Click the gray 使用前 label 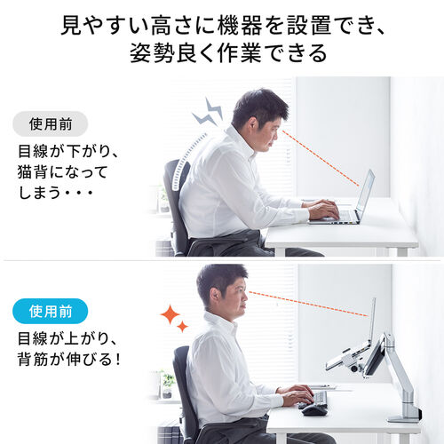coord(51,123)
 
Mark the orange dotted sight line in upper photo coord(321,160)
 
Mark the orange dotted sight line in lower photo coord(306,302)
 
